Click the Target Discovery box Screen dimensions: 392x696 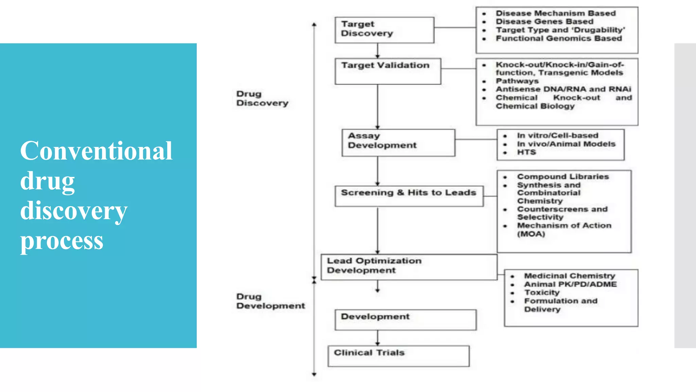[x=384, y=30]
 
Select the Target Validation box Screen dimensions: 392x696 [x=387, y=71]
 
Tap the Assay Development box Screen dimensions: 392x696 [x=398, y=143]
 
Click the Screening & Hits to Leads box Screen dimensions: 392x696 [x=409, y=196]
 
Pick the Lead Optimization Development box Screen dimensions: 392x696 [x=408, y=267]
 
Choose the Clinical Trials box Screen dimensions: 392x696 [x=398, y=356]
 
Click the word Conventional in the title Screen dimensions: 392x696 [x=96, y=151]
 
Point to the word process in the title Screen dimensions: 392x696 [x=62, y=241]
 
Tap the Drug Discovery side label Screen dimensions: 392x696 [x=262, y=98]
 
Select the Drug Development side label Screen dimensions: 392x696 [x=270, y=301]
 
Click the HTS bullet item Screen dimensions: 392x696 [x=526, y=152]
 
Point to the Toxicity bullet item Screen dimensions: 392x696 [x=542, y=293]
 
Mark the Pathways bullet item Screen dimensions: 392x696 [x=517, y=81]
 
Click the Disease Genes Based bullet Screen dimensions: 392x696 [x=544, y=21]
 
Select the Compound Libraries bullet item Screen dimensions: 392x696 [x=563, y=177]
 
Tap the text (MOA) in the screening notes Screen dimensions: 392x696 [x=531, y=234]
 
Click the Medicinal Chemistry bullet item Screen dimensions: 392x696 [x=570, y=276]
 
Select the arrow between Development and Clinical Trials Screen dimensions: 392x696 [x=378, y=338]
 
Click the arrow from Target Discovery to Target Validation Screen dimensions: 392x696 [x=378, y=51]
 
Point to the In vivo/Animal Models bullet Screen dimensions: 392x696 [x=566, y=144]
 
